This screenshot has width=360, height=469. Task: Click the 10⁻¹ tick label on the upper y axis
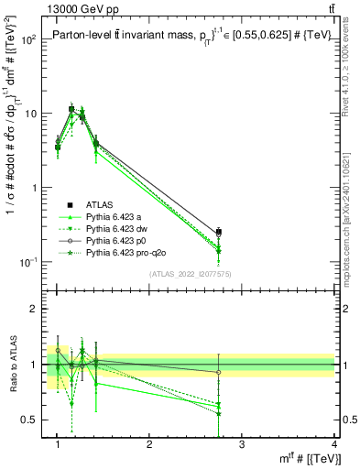[x=29, y=262]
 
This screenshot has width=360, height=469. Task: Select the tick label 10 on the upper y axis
[x=32, y=115]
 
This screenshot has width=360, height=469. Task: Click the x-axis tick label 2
[x=149, y=444]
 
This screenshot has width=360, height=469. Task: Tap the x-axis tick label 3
[x=242, y=444]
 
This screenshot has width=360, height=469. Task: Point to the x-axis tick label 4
[x=333, y=444]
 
